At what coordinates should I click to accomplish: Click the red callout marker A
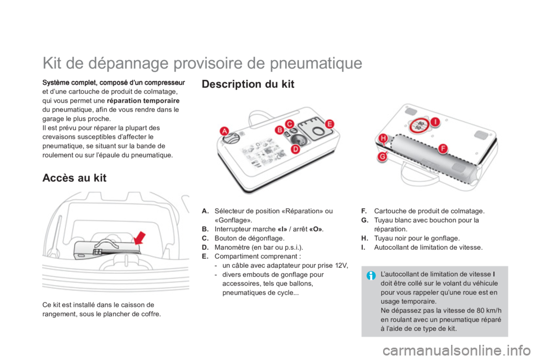click(224, 131)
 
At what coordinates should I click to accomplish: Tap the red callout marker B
click(280, 130)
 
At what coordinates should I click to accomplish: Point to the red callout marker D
click(295, 149)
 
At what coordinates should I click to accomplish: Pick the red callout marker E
click(330, 124)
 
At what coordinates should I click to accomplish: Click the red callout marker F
click(443, 149)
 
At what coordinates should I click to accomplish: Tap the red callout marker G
click(382, 157)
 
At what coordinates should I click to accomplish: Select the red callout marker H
click(383, 138)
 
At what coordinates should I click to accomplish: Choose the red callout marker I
click(435, 121)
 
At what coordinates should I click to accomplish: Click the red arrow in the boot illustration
click(140, 238)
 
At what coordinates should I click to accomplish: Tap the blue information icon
click(371, 276)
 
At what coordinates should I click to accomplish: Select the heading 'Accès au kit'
click(74, 178)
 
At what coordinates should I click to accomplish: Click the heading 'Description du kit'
click(248, 84)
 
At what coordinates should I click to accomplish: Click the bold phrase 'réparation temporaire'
click(143, 101)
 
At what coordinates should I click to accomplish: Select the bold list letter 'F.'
click(364, 211)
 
